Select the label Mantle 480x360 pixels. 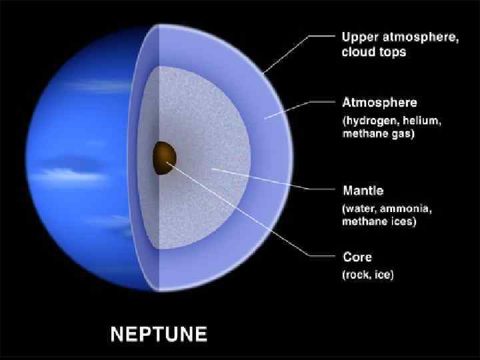click(363, 191)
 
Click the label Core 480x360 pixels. click(357, 257)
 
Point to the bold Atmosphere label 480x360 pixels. click(379, 103)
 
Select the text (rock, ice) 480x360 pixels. click(367, 274)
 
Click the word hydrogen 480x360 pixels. click(373, 121)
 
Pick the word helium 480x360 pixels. click(419, 121)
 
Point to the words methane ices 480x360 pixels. click(379, 222)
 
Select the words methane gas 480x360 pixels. click(378, 134)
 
